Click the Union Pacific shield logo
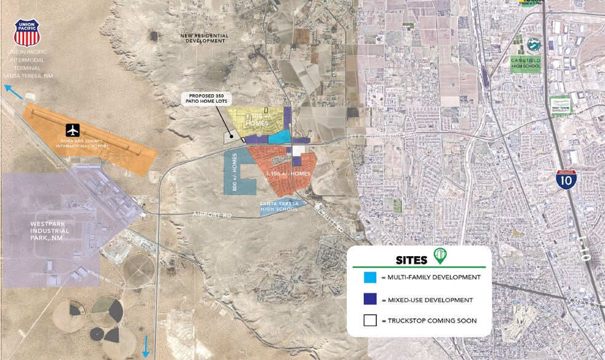26,33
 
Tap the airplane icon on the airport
73,130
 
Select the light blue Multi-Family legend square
370,278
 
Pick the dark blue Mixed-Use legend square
370,300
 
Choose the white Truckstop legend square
370,321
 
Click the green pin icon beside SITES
439,256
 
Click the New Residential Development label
204,38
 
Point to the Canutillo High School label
526,63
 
